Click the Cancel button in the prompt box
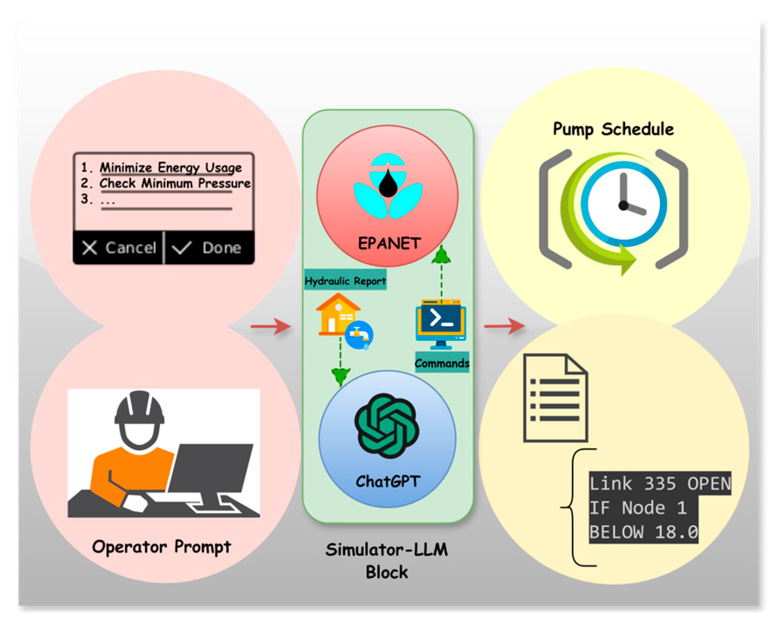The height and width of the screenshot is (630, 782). (x=119, y=248)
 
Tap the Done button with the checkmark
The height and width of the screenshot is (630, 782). (x=207, y=248)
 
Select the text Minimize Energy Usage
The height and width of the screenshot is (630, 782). (x=170, y=167)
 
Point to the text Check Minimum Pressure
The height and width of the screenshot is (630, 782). (x=175, y=183)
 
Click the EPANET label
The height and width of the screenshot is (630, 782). (x=389, y=244)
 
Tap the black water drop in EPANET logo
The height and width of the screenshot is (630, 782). (x=388, y=184)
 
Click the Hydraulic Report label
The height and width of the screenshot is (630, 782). (x=345, y=281)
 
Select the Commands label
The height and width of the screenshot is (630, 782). (x=442, y=363)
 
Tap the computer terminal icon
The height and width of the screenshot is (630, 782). (x=441, y=323)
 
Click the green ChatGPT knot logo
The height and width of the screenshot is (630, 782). (x=387, y=426)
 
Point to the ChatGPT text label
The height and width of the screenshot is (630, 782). (x=388, y=482)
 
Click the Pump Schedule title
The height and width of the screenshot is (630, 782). (x=613, y=129)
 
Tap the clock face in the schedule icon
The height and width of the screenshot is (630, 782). (x=624, y=204)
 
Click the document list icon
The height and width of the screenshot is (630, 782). (x=555, y=398)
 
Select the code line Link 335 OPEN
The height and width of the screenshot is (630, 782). (x=660, y=484)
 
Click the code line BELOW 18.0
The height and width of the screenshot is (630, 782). (x=643, y=532)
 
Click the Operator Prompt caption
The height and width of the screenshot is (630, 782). (x=161, y=547)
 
